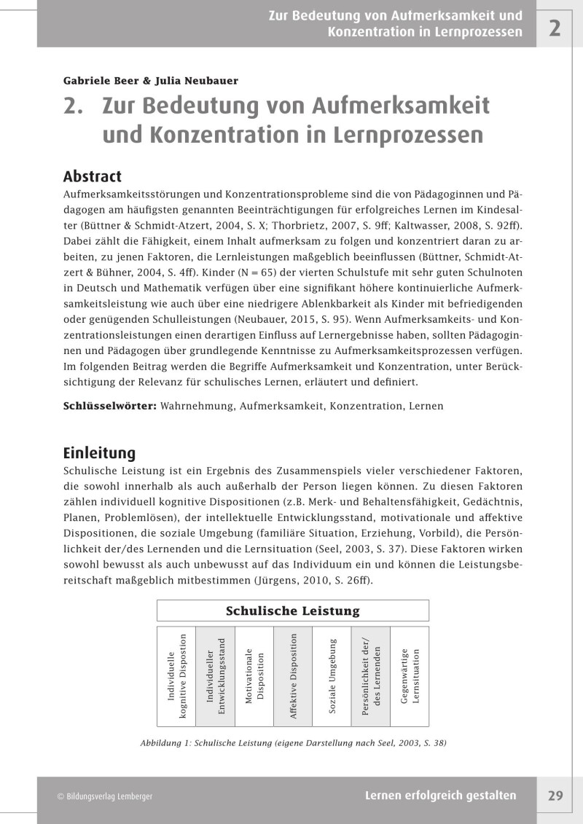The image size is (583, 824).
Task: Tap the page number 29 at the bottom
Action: pyautogui.click(x=555, y=796)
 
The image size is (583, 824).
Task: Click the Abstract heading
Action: pyautogui.click(x=92, y=176)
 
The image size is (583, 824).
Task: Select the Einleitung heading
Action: pyautogui.click(x=99, y=452)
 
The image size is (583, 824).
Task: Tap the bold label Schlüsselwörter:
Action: pyautogui.click(x=109, y=405)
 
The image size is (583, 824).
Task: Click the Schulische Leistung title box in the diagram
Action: pyautogui.click(x=292, y=611)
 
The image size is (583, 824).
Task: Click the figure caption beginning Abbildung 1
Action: pyautogui.click(x=292, y=744)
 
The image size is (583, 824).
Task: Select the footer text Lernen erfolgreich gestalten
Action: pyautogui.click(x=440, y=796)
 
